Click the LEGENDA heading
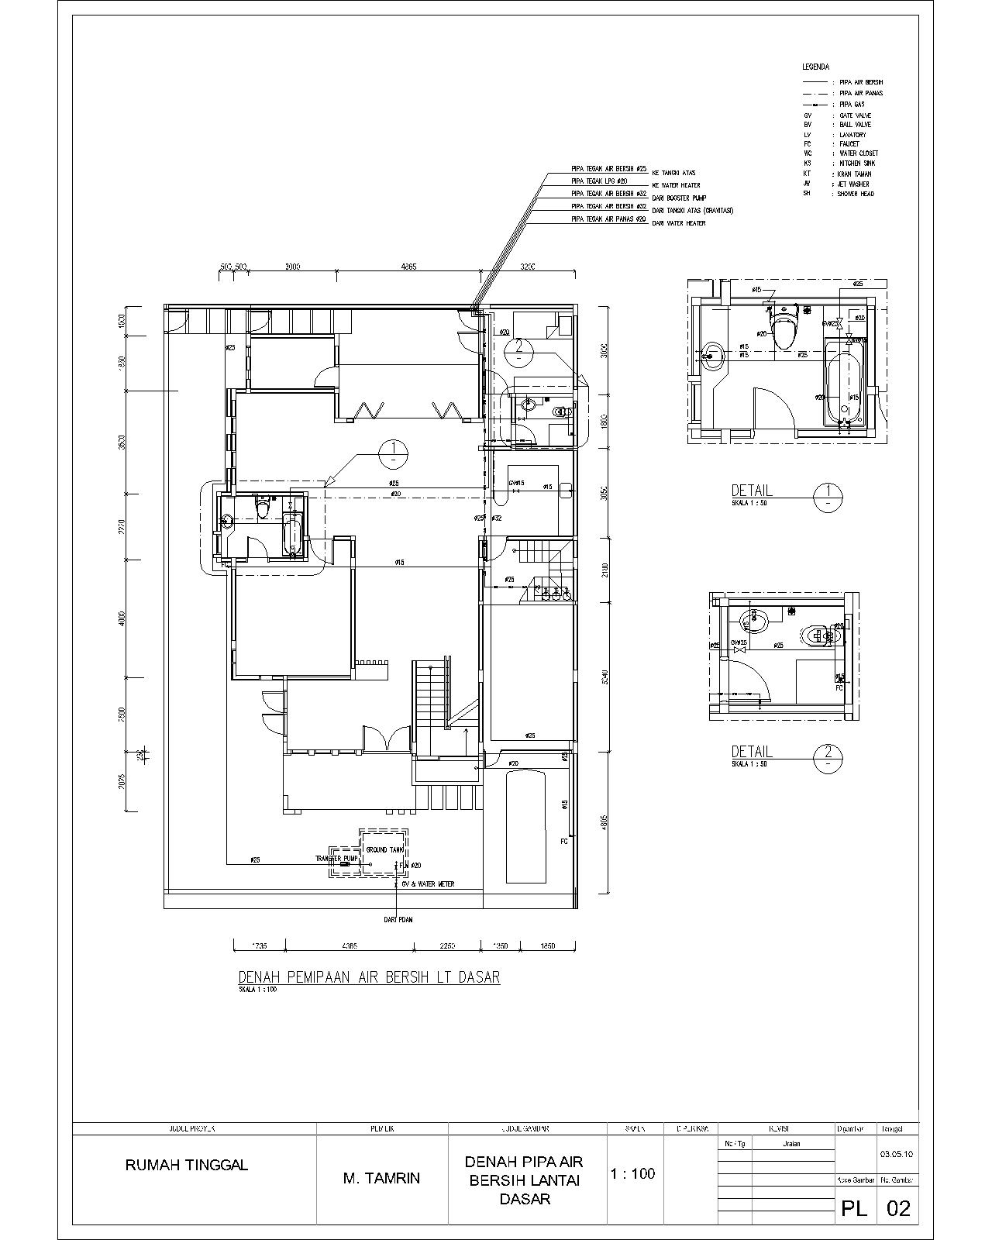pyautogui.click(x=815, y=67)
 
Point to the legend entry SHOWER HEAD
pyautogui.click(x=855, y=194)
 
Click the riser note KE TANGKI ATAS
pyautogui.click(x=674, y=173)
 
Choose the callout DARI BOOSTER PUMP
pyautogui.click(x=679, y=198)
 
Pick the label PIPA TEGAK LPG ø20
pyautogui.click(x=599, y=181)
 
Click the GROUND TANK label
pyautogui.click(x=385, y=850)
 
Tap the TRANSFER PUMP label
pyautogui.click(x=336, y=859)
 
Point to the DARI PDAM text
pyautogui.click(x=397, y=920)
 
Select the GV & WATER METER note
pyautogui.click(x=427, y=884)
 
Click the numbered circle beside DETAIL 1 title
pyautogui.click(x=828, y=494)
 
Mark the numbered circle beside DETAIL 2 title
pyautogui.click(x=828, y=756)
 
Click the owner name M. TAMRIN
pyautogui.click(x=381, y=1179)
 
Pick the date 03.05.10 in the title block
pyautogui.click(x=897, y=1154)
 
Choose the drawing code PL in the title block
pyautogui.click(x=854, y=1208)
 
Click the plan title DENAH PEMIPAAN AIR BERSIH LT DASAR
pyautogui.click(x=369, y=977)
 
